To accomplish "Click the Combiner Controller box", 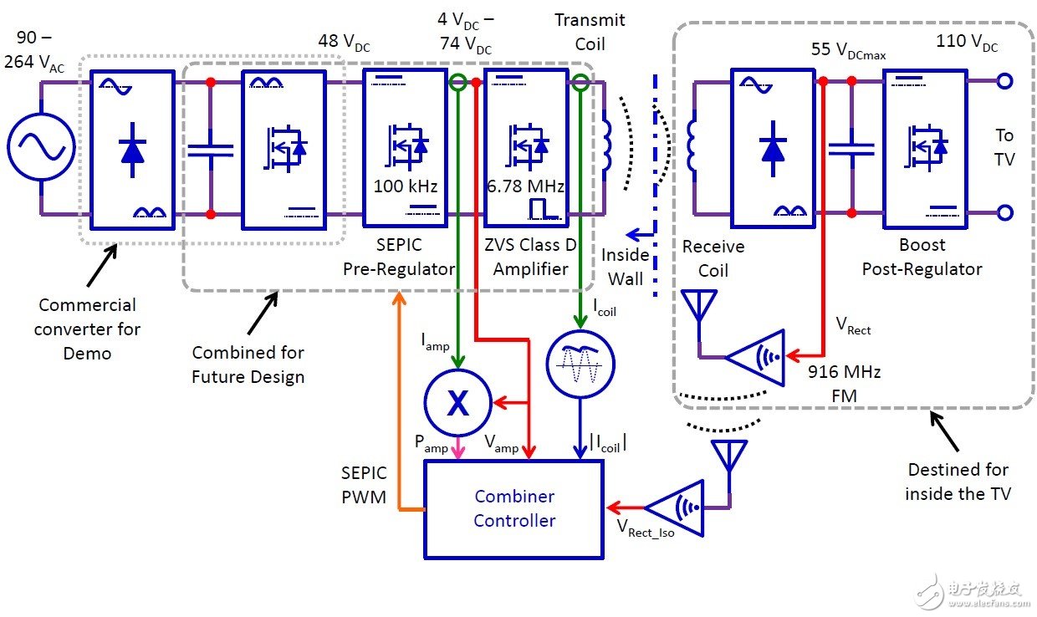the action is pos(513,509).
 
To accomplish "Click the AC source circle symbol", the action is pos(41,147).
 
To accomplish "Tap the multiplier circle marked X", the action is pos(457,403).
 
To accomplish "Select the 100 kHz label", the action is pos(405,186).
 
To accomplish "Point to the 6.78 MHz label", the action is pos(525,186).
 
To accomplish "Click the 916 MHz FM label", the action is pos(845,384).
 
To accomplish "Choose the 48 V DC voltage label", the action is pos(344,42).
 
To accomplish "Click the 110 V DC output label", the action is pos(967,42).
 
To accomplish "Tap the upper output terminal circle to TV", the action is pos(1004,81).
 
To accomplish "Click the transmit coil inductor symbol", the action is pos(606,146).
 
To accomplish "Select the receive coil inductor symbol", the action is pos(692,146).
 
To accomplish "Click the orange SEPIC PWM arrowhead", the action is pos(399,298).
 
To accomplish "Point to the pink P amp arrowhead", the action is pos(457,451).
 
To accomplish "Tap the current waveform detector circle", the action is pos(580,364).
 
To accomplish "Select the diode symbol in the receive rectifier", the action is pos(773,149).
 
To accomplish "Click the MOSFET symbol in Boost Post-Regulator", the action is pos(926,147).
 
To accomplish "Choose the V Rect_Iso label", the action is pos(646,528).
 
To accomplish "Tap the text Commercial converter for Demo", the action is pos(87,329).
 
